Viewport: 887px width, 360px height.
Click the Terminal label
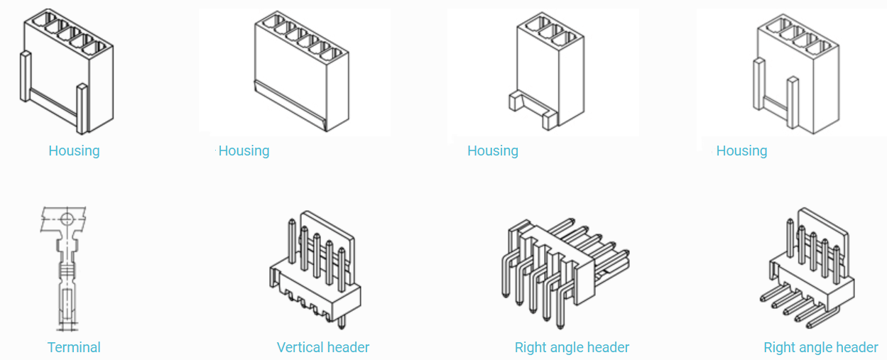coord(74,347)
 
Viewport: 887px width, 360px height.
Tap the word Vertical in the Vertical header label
coord(300,347)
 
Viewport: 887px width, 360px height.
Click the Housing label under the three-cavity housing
coord(493,151)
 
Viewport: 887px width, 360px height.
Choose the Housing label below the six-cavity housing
coord(244,151)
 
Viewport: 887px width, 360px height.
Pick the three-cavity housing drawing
coord(548,71)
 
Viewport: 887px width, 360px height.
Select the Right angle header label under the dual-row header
coord(572,347)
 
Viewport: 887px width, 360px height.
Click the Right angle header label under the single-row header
coord(820,347)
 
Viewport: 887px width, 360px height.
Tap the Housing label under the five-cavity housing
coord(74,151)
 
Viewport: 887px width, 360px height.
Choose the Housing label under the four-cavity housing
coord(741,151)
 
